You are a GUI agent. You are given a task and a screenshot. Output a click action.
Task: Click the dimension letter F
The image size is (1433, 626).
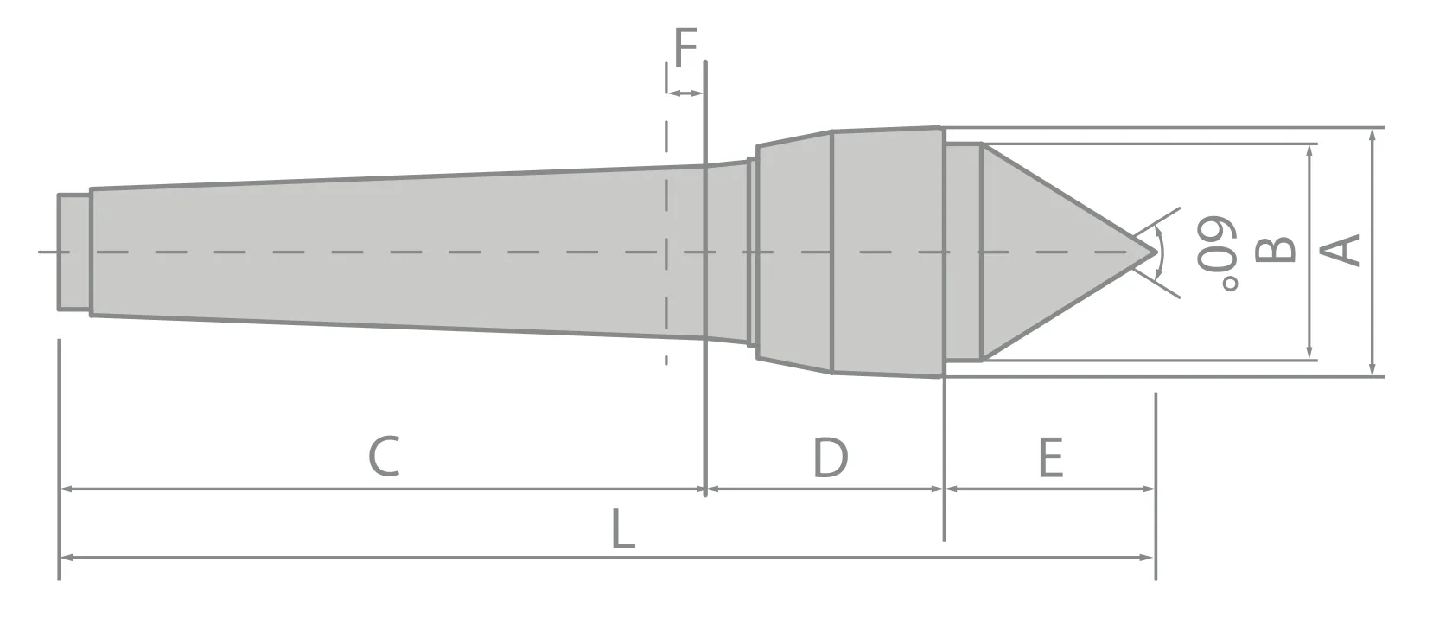[x=685, y=47]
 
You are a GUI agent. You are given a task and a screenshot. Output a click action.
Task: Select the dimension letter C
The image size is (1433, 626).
[x=384, y=457]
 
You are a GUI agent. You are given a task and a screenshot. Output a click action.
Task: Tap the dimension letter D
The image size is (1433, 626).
[x=831, y=457]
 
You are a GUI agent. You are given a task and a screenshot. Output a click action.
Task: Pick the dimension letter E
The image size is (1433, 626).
[x=1050, y=457]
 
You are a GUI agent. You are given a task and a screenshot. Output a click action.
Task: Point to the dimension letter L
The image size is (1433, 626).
[x=623, y=528]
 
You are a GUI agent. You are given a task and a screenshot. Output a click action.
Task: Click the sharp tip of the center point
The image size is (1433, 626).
[x=1155, y=252]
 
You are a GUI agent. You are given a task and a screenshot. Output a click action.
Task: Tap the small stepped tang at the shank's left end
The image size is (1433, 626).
[x=74, y=252]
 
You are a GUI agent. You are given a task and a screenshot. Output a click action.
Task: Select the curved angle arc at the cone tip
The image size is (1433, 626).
[x=1161, y=252]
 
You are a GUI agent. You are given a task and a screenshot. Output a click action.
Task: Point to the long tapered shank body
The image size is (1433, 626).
[x=389, y=251]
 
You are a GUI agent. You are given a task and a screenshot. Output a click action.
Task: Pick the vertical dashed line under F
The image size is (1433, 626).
[x=666, y=216]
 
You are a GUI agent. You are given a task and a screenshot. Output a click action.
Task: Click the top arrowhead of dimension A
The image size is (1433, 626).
[x=1372, y=134]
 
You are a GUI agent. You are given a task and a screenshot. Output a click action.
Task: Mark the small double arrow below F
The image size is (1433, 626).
[x=685, y=93]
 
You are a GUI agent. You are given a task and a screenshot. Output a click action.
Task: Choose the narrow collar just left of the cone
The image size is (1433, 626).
[x=962, y=252]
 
